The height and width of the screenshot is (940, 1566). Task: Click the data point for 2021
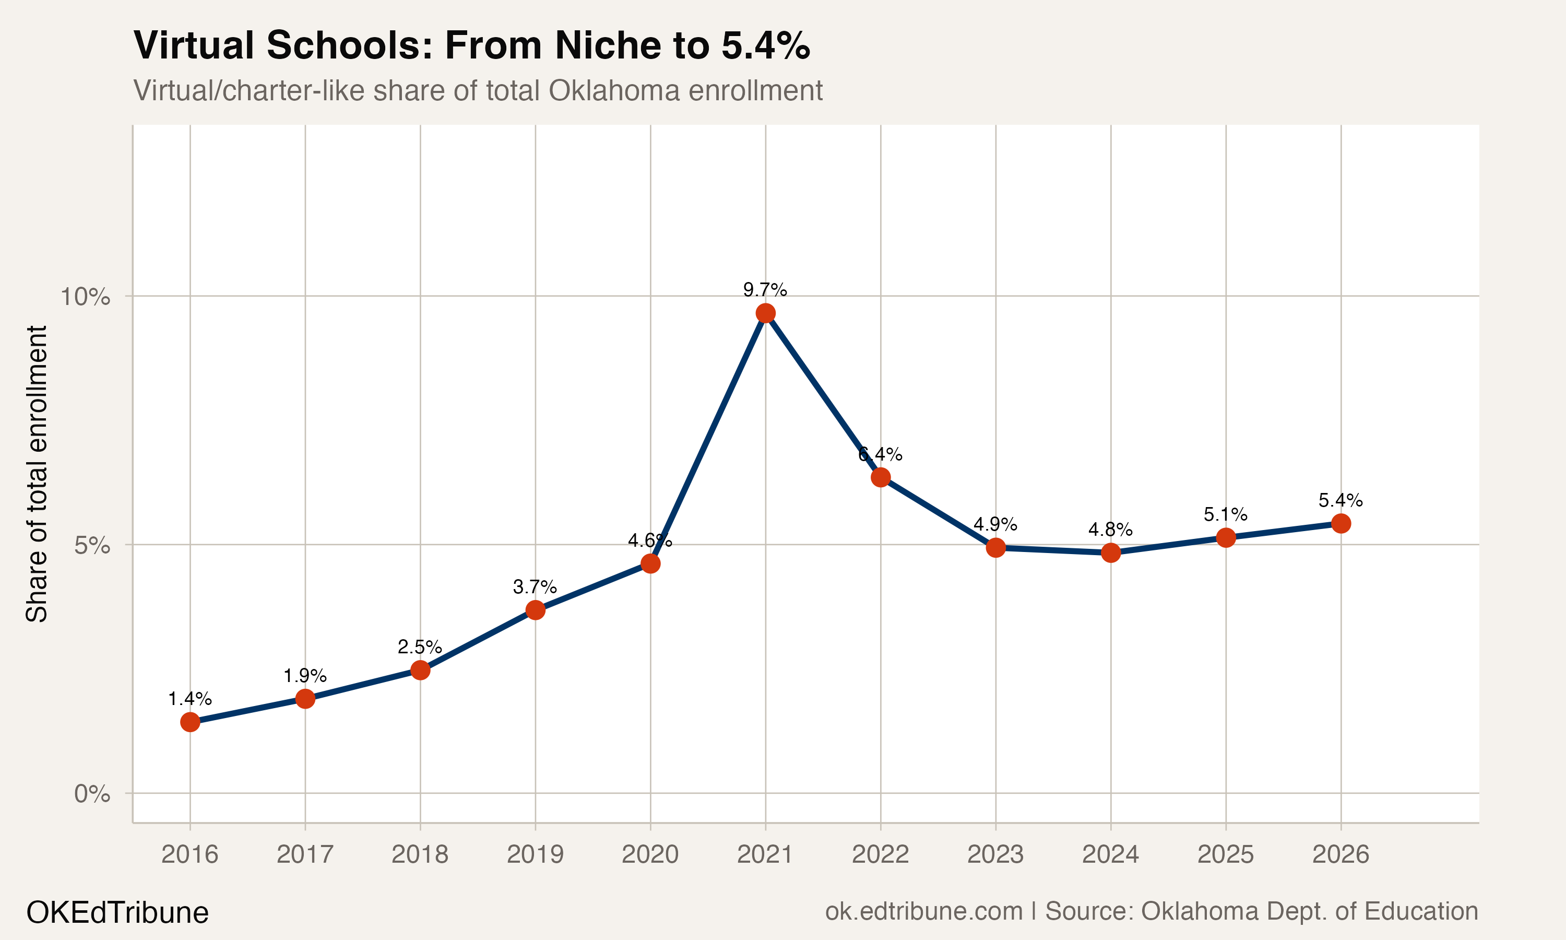click(765, 313)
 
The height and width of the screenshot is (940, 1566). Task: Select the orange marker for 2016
click(190, 722)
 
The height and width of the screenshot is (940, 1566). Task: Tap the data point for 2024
click(1110, 553)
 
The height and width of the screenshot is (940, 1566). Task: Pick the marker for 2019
click(536, 610)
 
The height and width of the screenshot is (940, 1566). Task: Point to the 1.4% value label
click(189, 699)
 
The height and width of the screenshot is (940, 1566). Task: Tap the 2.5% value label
click(419, 647)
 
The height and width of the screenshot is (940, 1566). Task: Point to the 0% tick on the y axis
click(92, 793)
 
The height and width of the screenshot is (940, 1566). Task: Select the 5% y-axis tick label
click(92, 545)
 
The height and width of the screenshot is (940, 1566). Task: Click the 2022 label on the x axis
click(880, 854)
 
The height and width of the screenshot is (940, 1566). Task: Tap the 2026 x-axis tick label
click(1340, 854)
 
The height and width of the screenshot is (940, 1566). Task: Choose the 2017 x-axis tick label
click(304, 854)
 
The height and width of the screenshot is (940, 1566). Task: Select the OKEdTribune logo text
click(117, 913)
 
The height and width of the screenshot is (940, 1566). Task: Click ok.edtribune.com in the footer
click(923, 911)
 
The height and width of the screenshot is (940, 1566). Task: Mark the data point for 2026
click(1340, 523)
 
